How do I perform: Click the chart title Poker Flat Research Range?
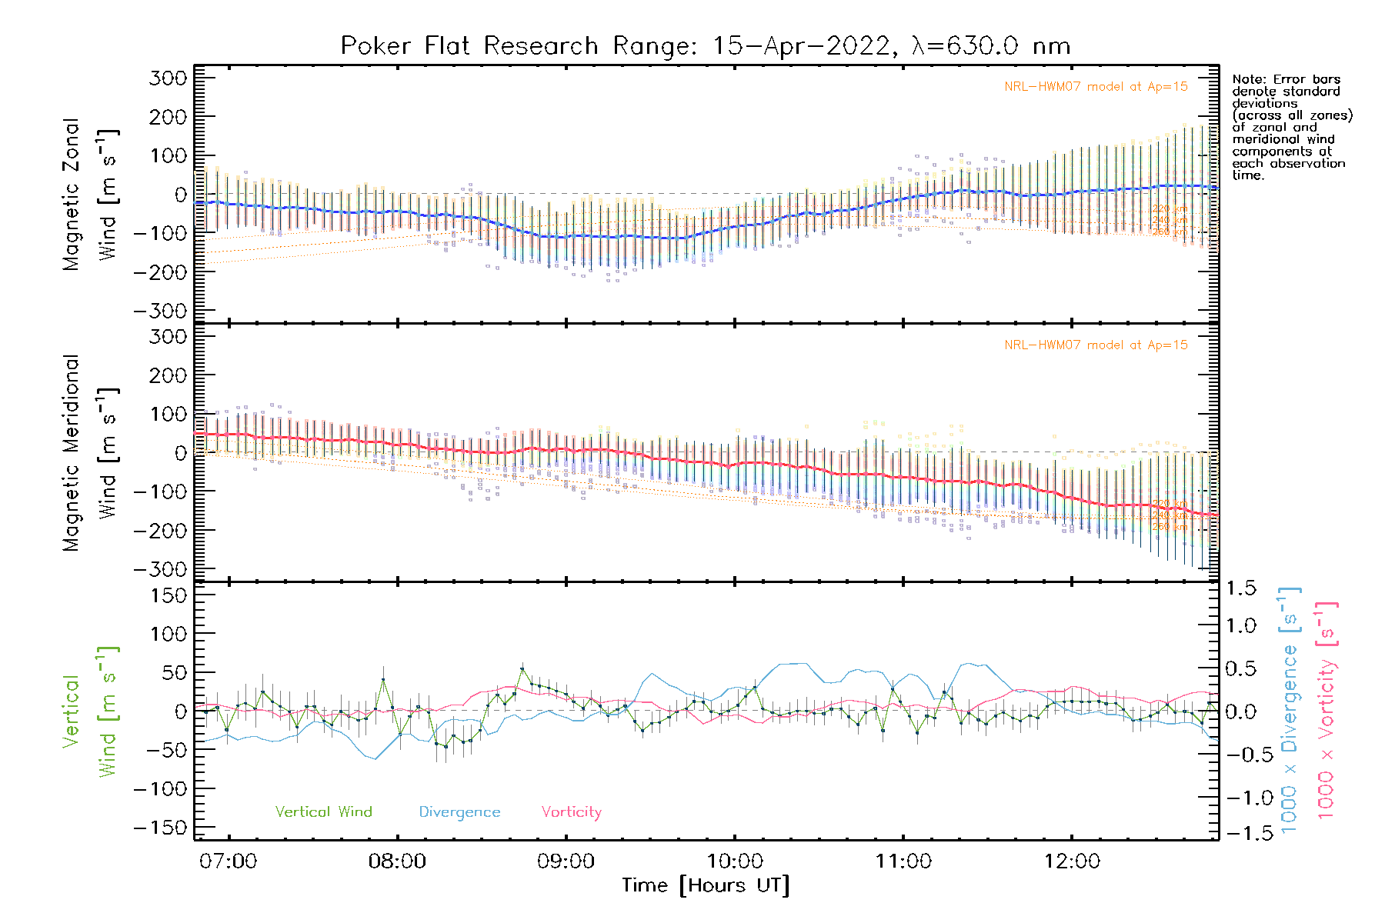(705, 46)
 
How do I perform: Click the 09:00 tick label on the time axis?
(566, 861)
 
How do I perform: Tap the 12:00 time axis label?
(1072, 861)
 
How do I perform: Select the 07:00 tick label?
(228, 861)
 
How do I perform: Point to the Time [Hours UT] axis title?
(705, 885)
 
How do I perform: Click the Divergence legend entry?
(459, 812)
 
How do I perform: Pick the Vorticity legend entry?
(571, 812)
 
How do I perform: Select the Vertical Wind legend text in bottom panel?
(323, 812)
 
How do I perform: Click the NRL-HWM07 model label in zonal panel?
(1096, 87)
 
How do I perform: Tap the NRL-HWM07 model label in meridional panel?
(1096, 345)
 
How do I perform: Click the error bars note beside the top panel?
(1291, 127)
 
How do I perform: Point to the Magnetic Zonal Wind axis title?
(91, 195)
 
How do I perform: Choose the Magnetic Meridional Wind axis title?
(91, 453)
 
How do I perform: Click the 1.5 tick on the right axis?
(1241, 588)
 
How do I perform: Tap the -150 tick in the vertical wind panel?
(160, 828)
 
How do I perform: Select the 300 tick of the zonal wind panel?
(168, 78)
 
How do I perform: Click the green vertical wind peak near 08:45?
(522, 669)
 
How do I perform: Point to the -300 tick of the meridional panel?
(160, 569)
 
